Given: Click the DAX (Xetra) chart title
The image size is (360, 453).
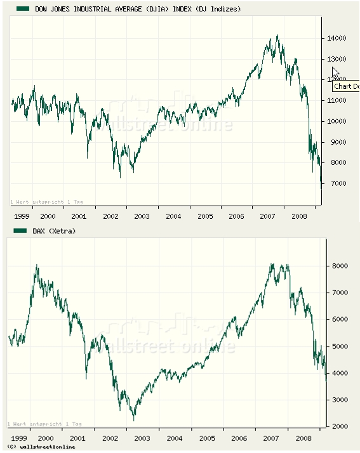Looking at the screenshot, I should (54, 232).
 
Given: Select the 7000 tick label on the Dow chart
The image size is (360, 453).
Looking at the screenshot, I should (336, 184).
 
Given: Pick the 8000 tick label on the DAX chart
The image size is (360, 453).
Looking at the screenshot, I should (340, 266).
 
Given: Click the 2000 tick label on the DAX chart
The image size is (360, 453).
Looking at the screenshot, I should (340, 426).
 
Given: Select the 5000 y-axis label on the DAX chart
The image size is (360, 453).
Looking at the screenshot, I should (340, 346).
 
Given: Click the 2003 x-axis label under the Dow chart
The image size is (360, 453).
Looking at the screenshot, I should (142, 216).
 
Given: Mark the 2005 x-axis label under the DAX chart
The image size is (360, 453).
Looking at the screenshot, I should (207, 438).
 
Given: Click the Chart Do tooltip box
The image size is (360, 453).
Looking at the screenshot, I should (345, 86).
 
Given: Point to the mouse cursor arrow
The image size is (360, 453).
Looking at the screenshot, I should (335, 72).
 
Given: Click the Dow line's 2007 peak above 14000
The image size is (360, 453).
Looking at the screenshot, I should (277, 36).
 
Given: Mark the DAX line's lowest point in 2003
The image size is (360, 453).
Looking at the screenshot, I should (133, 419).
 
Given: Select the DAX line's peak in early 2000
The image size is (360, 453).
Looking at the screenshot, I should (37, 265).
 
